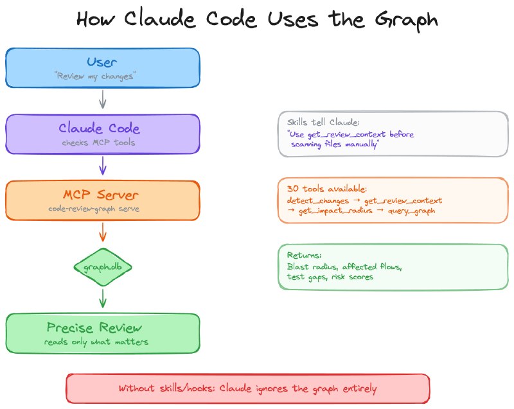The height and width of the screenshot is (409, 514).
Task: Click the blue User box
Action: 103,68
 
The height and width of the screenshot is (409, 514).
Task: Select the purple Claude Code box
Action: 103,134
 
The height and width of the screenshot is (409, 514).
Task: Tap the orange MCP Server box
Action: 103,200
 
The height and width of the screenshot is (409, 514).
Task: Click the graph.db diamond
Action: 103,267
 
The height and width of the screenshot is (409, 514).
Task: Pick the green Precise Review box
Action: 103,333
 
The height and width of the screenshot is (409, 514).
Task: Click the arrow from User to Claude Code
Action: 103,100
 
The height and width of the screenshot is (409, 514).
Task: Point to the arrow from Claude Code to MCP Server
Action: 103,166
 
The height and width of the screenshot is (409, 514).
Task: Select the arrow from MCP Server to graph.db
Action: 103,232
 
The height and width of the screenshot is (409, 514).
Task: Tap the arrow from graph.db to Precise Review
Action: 103,299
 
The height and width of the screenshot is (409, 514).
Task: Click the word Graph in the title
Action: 407,20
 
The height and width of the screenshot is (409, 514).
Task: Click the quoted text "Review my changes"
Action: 95,76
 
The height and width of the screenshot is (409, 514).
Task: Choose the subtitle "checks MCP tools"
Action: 98,143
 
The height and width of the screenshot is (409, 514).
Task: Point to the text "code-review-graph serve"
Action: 94,209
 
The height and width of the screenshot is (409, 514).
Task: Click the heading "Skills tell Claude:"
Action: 323,122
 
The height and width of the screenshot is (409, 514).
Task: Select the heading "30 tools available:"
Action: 327,189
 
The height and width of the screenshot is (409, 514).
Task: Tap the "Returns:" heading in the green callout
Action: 304,255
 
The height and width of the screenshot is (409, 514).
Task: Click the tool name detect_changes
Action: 317,200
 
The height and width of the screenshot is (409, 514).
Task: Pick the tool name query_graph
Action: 411,211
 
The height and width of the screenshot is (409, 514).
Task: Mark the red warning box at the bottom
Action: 248,388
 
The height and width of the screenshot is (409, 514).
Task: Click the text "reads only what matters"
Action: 96,342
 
